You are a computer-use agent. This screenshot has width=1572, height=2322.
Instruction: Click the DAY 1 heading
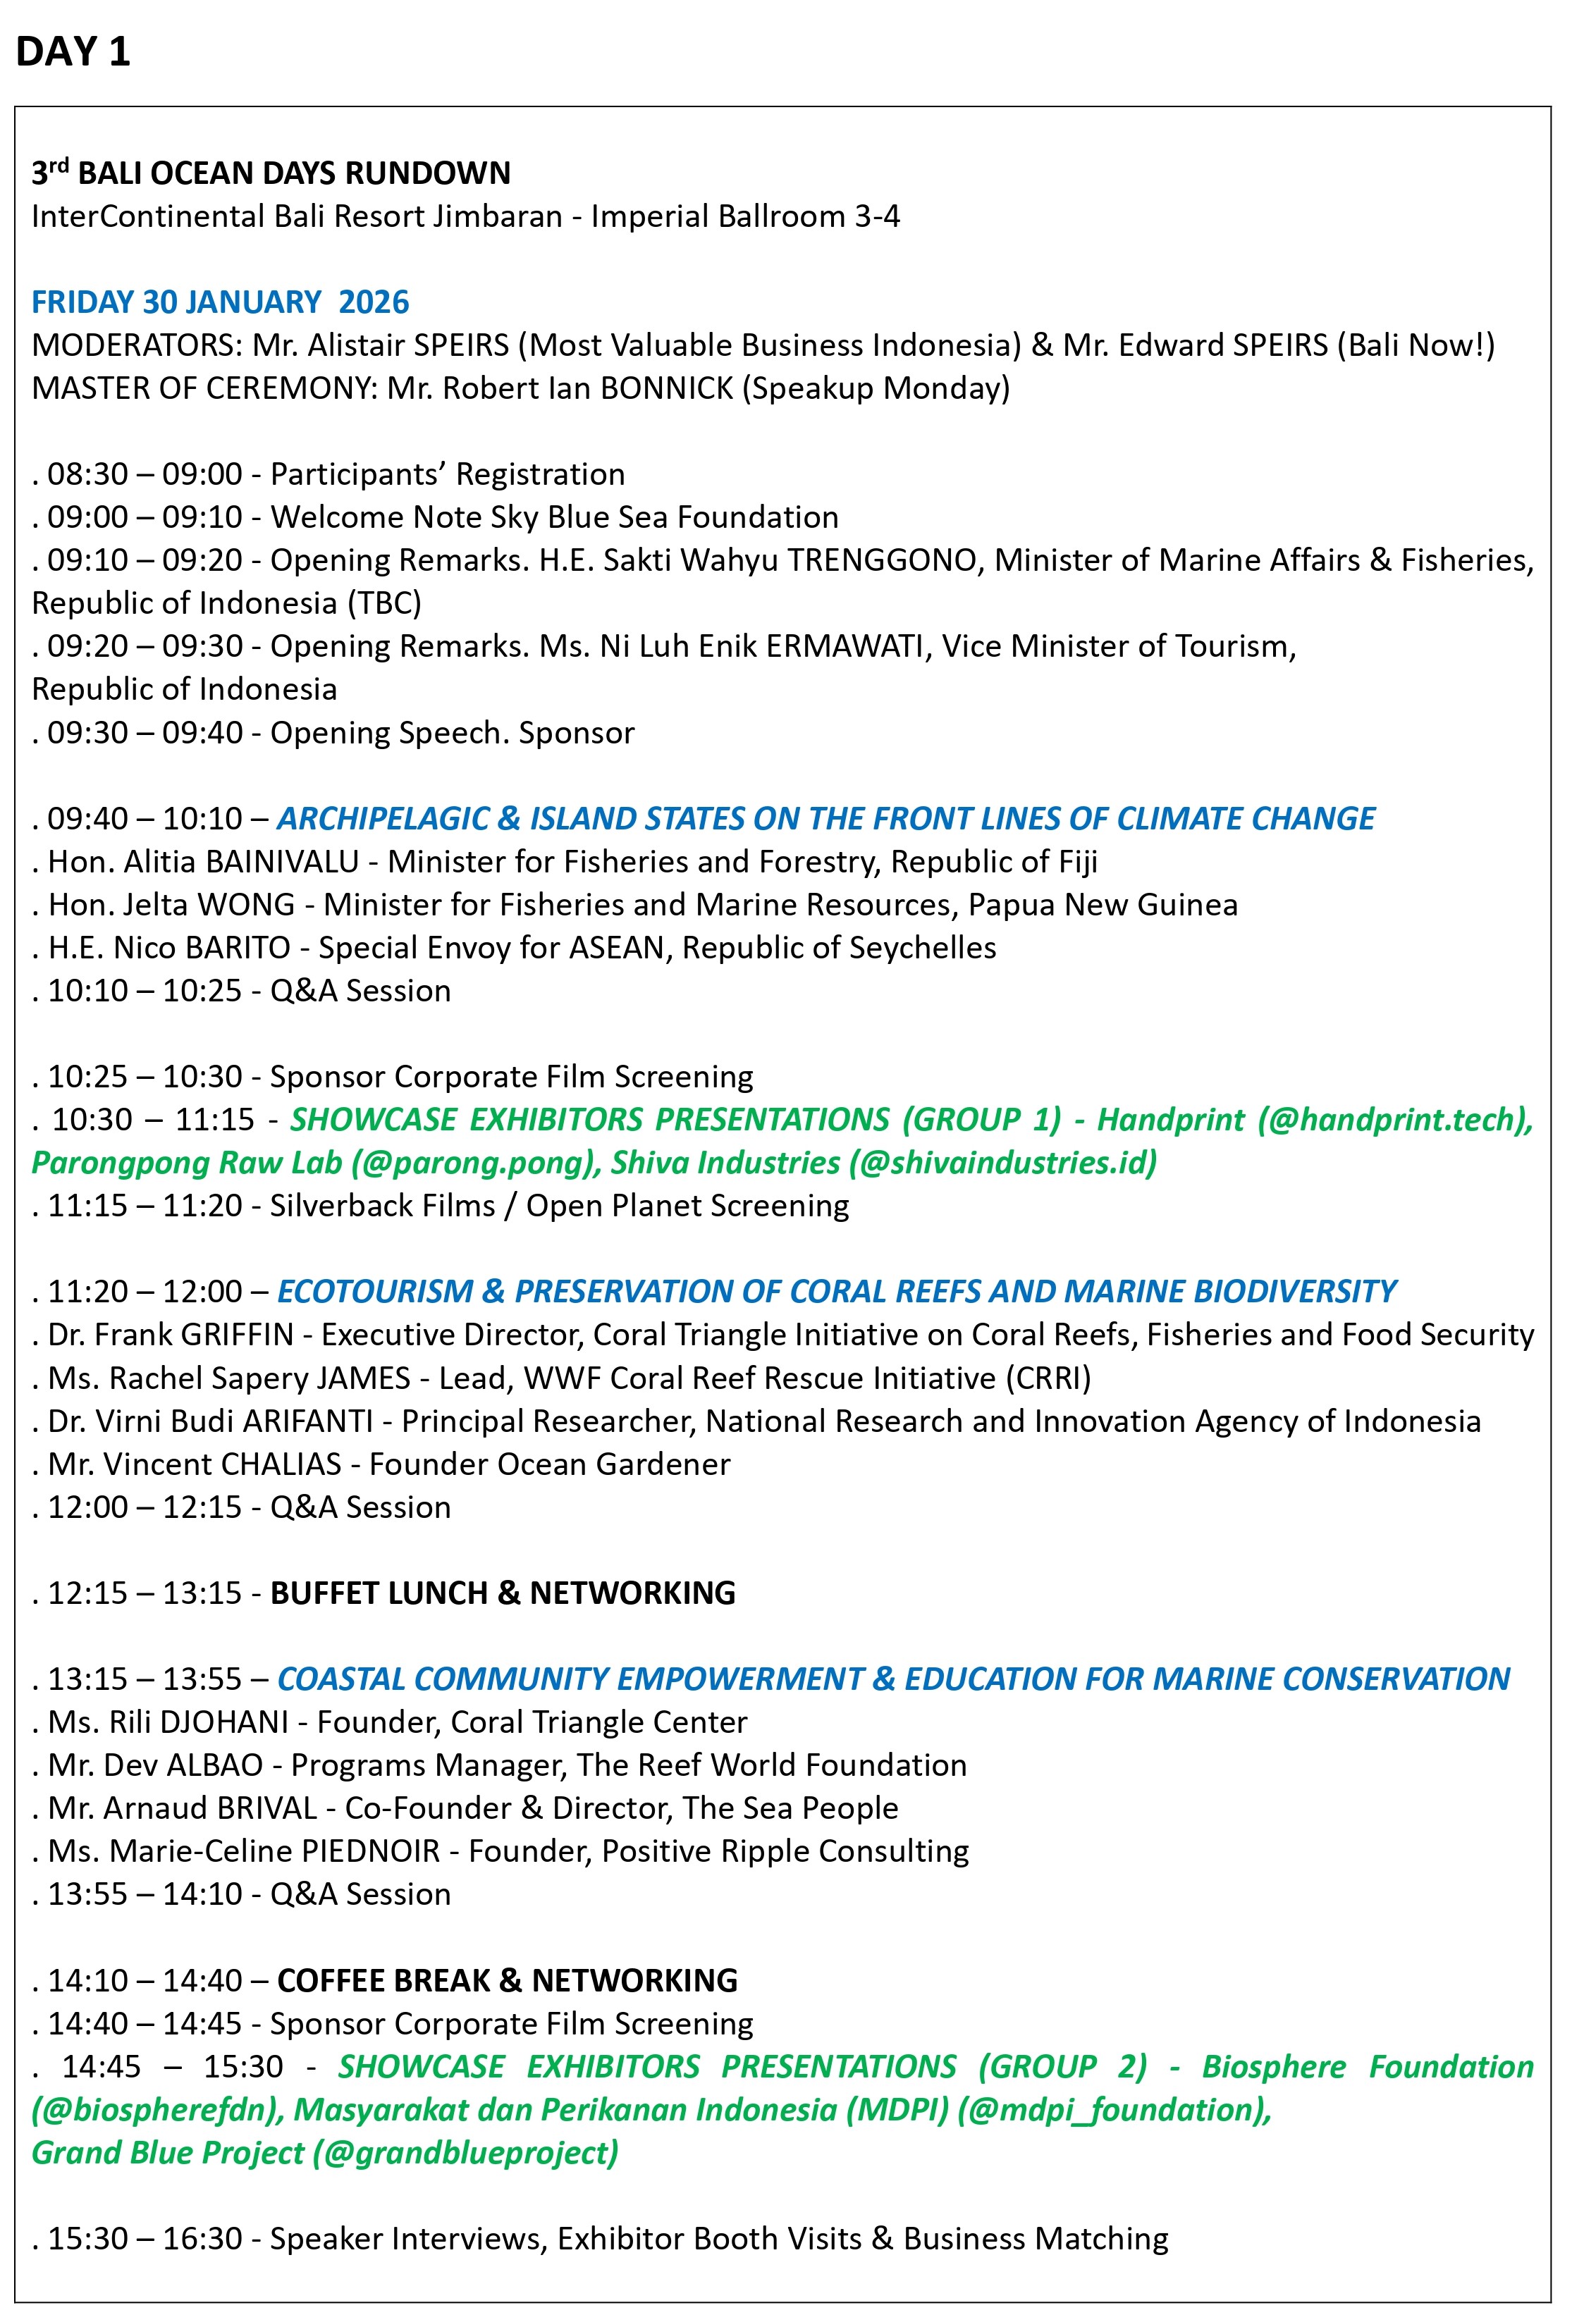[73, 52]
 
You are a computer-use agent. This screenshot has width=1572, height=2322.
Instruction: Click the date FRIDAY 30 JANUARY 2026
[220, 302]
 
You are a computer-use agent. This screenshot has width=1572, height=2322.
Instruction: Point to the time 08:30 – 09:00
[145, 474]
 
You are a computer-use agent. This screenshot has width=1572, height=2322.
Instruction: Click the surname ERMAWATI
[845, 646]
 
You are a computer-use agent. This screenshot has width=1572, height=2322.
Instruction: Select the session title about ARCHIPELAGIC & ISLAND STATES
[825, 818]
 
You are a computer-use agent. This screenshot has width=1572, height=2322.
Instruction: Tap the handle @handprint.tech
[1395, 1119]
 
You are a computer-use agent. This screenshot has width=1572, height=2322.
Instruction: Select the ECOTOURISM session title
[837, 1291]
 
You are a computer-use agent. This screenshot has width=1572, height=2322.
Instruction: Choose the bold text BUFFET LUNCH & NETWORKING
[503, 1593]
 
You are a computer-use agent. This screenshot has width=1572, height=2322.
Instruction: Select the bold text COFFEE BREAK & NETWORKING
[507, 1980]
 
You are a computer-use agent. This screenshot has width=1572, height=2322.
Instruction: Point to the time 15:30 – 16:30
[145, 2238]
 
